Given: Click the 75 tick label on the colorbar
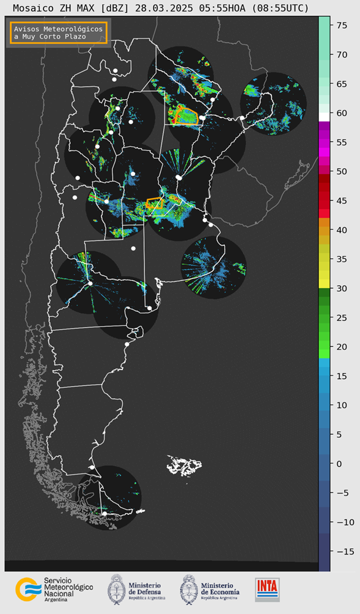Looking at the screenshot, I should click(x=342, y=25).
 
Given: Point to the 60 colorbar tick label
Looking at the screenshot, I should click(x=342, y=113).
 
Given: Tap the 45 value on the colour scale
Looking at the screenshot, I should click(x=342, y=201).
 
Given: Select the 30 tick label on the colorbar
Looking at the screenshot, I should click(x=342, y=288).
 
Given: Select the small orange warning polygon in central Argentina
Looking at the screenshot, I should click(x=155, y=203).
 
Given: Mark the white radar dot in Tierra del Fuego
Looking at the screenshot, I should click(x=105, y=514).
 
